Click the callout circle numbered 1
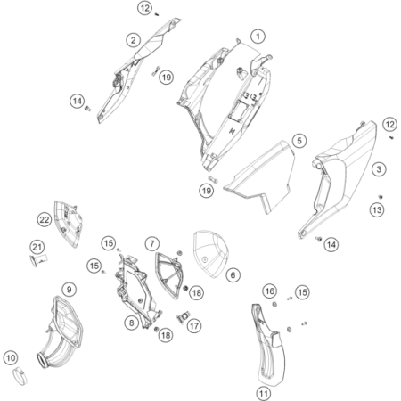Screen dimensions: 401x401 coord(258,37)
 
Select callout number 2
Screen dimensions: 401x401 coord(134,40)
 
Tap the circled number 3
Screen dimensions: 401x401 coord(379,169)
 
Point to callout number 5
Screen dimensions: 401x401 coord(299,141)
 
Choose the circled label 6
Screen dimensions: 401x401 coord(233,275)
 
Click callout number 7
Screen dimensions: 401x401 coord(152,244)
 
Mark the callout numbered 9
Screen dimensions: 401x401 coord(70,290)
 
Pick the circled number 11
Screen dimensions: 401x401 coord(264,394)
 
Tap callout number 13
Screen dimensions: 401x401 coord(377,210)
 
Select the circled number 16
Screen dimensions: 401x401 coord(270,291)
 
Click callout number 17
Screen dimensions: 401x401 coord(194,326)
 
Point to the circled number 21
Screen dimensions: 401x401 coord(37,247)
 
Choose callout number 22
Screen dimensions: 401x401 coord(45,220)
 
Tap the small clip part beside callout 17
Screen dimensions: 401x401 coord(184,317)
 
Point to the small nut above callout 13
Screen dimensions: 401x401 coord(381,197)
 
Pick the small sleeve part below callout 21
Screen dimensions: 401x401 coord(39,260)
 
